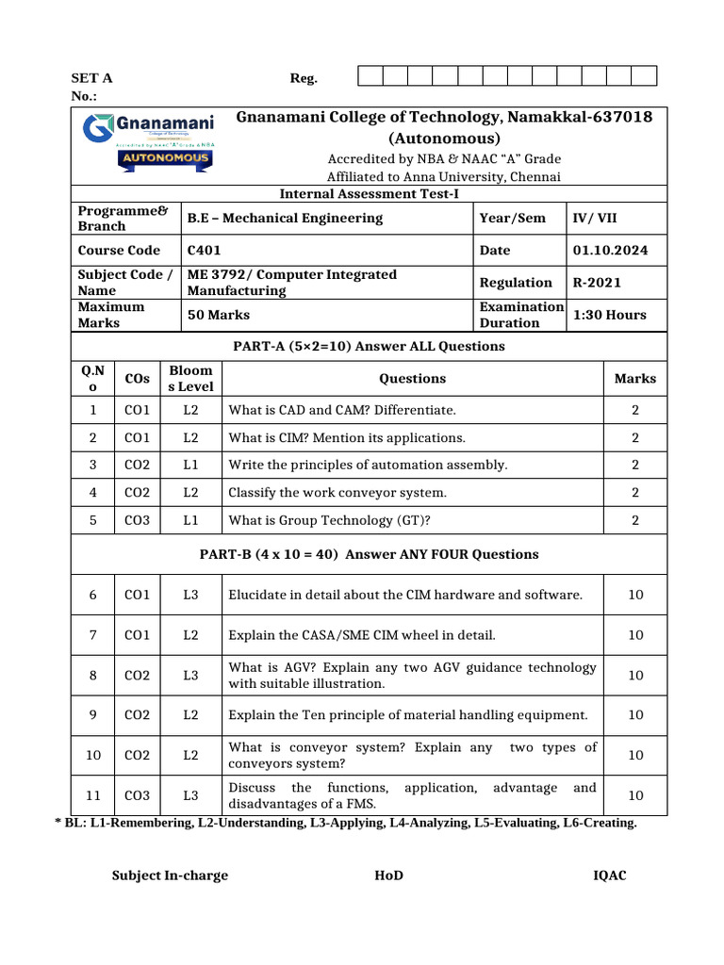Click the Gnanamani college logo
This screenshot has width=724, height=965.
(149, 142)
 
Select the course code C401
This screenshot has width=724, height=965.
(203, 251)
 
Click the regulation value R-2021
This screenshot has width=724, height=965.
(597, 283)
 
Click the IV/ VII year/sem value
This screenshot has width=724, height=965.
(595, 218)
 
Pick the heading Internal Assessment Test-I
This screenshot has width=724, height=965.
(369, 194)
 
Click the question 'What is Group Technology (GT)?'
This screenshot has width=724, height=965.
(337, 520)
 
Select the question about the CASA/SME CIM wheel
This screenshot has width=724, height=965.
(362, 635)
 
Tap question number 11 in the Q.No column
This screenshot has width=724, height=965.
(93, 795)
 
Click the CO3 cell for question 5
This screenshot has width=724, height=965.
(138, 520)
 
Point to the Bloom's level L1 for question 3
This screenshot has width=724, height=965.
(191, 465)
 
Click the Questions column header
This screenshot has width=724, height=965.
(412, 379)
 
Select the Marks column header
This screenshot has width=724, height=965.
(634, 379)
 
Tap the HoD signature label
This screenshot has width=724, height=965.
(388, 875)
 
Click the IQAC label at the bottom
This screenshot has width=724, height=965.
(609, 875)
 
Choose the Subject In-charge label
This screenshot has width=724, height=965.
(170, 875)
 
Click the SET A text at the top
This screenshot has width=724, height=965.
(92, 78)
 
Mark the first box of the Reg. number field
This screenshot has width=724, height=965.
(370, 77)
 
